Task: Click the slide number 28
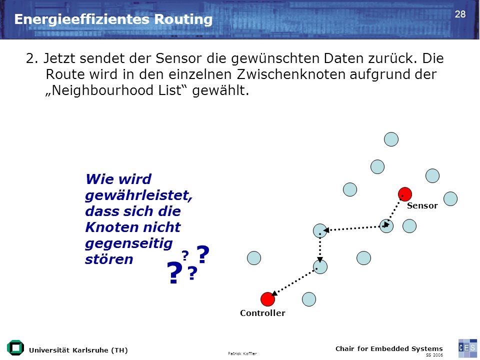[460, 14]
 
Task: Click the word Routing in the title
[183, 19]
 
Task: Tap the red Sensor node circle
[404, 194]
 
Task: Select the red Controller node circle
[267, 299]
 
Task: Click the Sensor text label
[422, 205]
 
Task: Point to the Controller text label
[262, 313]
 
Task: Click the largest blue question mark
[174, 273]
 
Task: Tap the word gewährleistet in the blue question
[138, 195]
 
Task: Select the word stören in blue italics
[109, 259]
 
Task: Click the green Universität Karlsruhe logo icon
[15, 348]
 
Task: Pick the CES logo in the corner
[467, 348]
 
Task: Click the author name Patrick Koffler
[242, 353]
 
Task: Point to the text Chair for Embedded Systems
[389, 348]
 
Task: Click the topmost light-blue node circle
[391, 139]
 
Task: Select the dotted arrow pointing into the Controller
[293, 282]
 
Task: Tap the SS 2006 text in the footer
[434, 355]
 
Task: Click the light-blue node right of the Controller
[309, 299]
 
